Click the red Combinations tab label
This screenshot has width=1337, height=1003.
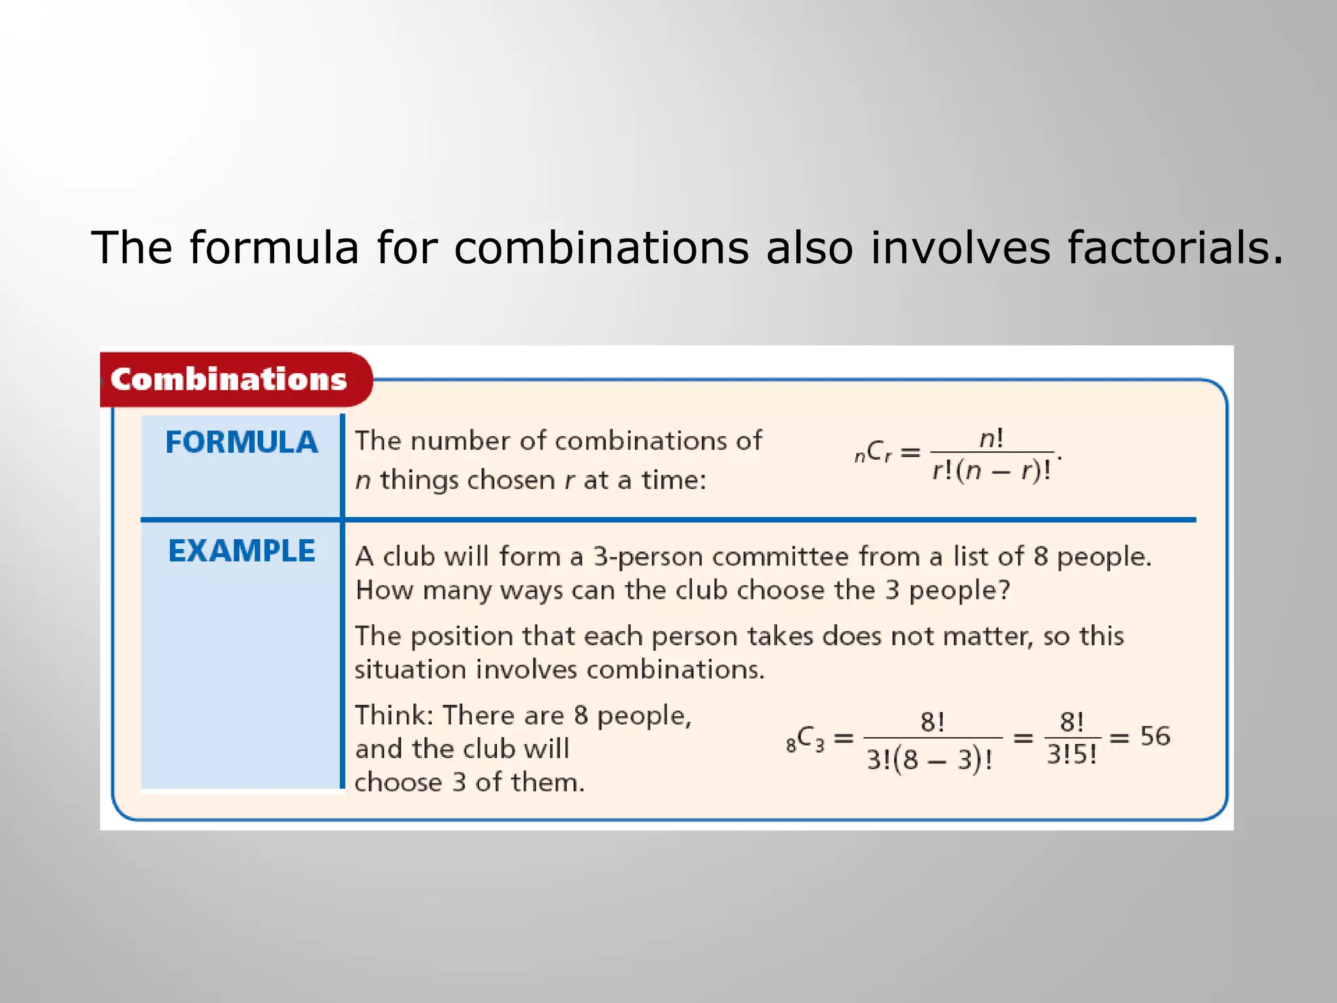[228, 379]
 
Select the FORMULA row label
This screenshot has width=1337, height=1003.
[242, 442]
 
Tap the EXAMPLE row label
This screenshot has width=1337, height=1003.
[242, 550]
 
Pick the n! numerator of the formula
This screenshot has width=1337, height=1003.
[991, 438]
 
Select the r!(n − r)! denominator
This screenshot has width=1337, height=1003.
[991, 470]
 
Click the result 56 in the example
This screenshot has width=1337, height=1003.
[1155, 737]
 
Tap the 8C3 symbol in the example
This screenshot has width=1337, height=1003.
[806, 739]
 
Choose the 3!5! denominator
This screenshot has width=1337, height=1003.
[1072, 755]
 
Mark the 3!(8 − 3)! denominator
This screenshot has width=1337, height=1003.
[930, 759]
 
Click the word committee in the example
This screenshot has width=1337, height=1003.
[781, 557]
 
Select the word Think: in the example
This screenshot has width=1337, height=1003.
[394, 716]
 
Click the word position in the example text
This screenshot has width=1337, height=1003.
[462, 636]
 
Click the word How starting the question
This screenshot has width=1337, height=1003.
[385, 590]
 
